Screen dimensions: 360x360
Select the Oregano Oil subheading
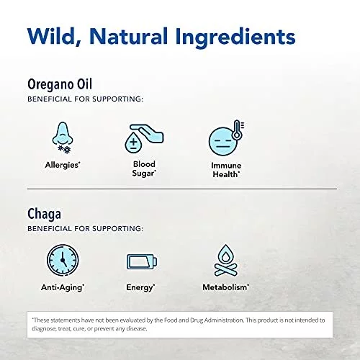click(60, 84)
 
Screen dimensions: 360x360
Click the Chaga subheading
click(44, 214)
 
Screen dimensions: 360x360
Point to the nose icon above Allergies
click(63, 134)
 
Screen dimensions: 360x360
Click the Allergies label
click(63, 165)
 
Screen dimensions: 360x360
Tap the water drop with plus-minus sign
click(133, 143)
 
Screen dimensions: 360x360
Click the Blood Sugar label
click(144, 168)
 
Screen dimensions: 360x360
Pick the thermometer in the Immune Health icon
click(237, 130)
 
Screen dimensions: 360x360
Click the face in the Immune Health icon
click(222, 141)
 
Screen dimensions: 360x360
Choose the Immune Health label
click(226, 170)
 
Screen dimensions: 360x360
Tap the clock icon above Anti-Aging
click(63, 260)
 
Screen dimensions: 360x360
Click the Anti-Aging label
click(63, 287)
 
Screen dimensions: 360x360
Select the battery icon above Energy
click(142, 261)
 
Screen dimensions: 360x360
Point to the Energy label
click(140, 287)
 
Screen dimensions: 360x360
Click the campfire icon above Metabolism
click(225, 261)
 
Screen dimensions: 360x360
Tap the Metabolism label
click(226, 287)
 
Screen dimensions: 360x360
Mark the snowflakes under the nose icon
click(65, 149)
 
